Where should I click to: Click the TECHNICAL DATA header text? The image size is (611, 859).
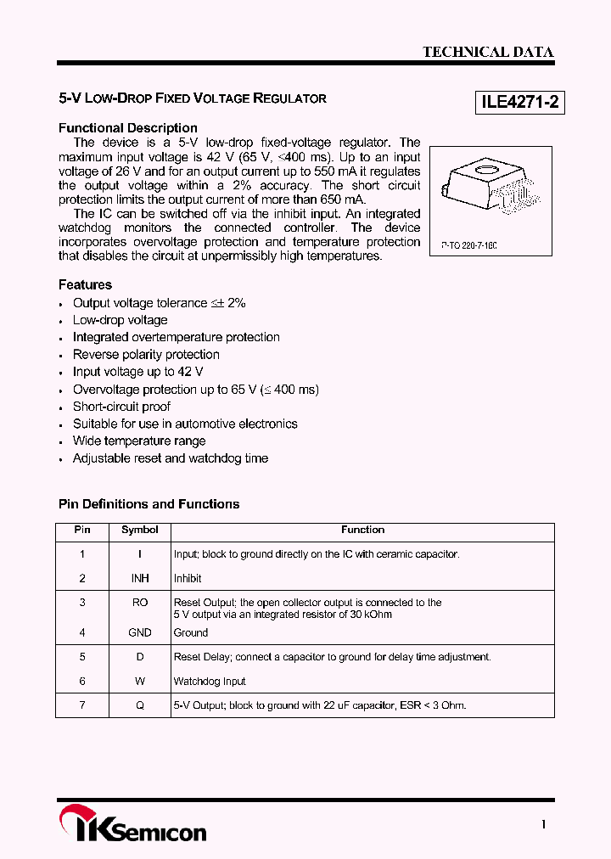(488, 52)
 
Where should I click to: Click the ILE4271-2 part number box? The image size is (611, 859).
(519, 103)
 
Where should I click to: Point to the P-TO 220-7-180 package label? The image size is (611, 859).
(468, 244)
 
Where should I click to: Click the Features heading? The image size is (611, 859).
(85, 285)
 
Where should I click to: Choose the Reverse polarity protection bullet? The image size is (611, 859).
(146, 355)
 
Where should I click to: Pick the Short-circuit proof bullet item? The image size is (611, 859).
(121, 407)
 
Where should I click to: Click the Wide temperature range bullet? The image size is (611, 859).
(139, 441)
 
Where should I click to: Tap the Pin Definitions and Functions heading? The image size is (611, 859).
(149, 504)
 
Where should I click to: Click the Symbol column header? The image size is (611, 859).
(140, 530)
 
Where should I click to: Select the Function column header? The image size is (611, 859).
(363, 530)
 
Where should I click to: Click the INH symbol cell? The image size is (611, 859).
(140, 578)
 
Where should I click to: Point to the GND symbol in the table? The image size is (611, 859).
(140, 632)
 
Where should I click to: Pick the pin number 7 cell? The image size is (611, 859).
(82, 705)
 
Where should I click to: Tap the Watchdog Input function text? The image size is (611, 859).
(210, 681)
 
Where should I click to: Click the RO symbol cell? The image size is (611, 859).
(140, 603)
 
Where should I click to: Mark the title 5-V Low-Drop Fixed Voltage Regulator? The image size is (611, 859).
(193, 98)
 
